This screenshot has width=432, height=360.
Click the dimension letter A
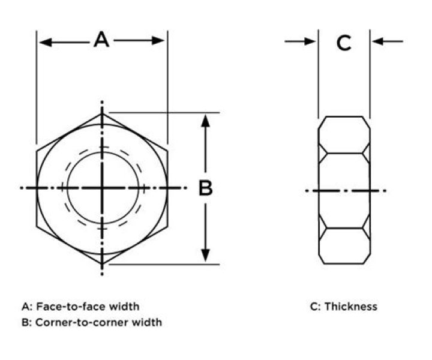tap(101, 40)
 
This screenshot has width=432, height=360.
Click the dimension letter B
tap(206, 188)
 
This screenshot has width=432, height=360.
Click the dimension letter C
tap(344, 43)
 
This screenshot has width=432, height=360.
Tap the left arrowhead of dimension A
tap(46, 43)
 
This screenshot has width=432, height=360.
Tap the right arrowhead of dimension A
tap(158, 40)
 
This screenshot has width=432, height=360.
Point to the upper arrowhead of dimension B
tap(205, 121)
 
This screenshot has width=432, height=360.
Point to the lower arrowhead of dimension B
tap(205, 255)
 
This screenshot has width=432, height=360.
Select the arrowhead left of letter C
tap(310, 41)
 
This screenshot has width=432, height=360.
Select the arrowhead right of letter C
tap(377, 41)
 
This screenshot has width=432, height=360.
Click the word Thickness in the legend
tap(351, 306)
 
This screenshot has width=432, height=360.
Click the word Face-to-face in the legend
tap(71, 306)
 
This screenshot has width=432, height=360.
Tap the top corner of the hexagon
tap(102, 113)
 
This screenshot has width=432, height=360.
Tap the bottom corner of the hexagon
tap(102, 263)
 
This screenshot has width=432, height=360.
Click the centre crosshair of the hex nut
tap(102, 188)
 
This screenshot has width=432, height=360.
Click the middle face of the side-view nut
tap(344, 190)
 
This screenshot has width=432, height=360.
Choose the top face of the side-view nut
tap(344, 134)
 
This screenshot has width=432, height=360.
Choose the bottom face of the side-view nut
tap(344, 245)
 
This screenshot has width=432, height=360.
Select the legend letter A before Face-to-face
tap(25, 307)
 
